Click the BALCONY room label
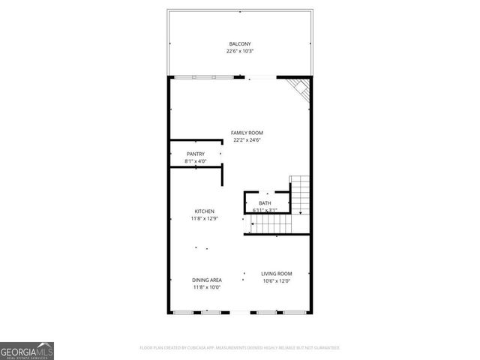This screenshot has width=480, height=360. pyautogui.click(x=240, y=44)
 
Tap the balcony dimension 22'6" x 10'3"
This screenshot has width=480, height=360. pyautogui.click(x=240, y=52)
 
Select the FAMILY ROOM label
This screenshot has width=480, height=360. pyautogui.click(x=247, y=133)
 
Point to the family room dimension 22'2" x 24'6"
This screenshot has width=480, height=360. pyautogui.click(x=247, y=139)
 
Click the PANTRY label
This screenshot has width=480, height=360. pyautogui.click(x=195, y=154)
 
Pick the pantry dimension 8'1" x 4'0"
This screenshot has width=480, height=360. pyautogui.click(x=195, y=161)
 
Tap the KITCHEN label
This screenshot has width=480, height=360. pyautogui.click(x=205, y=211)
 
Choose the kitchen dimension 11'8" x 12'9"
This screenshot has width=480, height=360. pyautogui.click(x=205, y=218)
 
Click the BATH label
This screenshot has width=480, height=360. pyautogui.click(x=265, y=203)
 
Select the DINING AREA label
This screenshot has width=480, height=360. pyautogui.click(x=207, y=280)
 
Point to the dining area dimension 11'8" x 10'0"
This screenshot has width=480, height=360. pyautogui.click(x=207, y=286)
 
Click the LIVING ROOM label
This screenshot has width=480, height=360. pyautogui.click(x=276, y=274)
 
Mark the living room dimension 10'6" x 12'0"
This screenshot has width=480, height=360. pyautogui.click(x=276, y=281)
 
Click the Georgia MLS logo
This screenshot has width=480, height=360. pyautogui.click(x=27, y=350)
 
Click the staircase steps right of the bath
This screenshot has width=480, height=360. pyautogui.click(x=300, y=194)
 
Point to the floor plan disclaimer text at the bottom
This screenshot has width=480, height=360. pyautogui.click(x=240, y=348)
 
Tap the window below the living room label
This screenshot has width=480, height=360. pyautogui.click(x=277, y=312)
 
